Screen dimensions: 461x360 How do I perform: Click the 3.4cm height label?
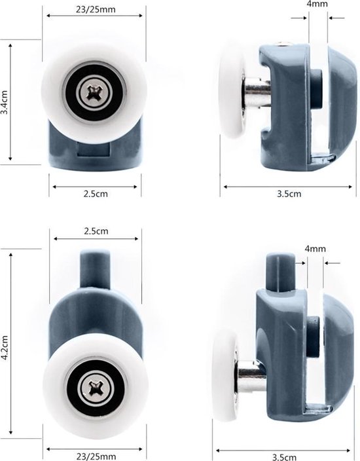[5, 101]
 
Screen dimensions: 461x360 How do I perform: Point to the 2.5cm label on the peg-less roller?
[96, 194]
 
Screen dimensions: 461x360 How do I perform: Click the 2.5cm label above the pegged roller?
[96, 231]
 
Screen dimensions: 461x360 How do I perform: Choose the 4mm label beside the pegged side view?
[315, 249]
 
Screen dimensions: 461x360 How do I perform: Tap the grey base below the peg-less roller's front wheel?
[96, 151]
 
